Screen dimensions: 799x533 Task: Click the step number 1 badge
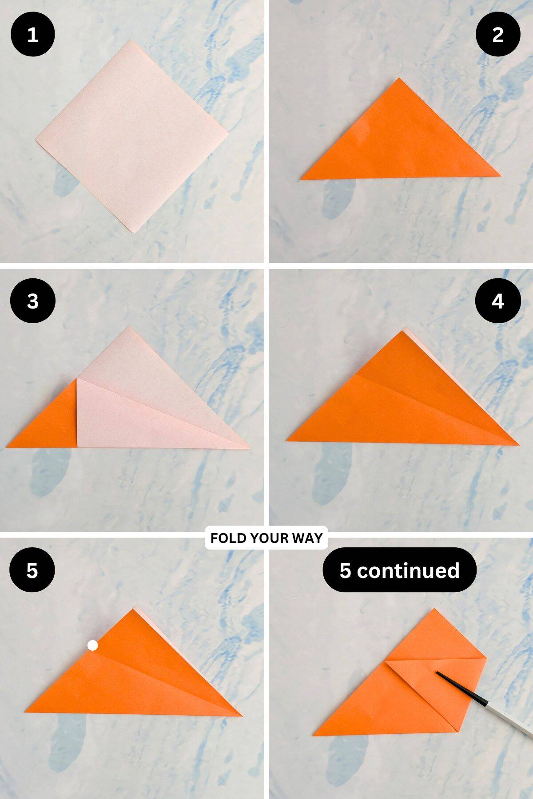click(32, 35)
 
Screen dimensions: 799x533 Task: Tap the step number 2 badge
click(498, 35)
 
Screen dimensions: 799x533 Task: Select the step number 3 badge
click(32, 301)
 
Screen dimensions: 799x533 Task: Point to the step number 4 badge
click(498, 301)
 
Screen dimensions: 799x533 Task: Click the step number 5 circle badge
click(32, 570)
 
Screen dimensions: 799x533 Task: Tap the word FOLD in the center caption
click(228, 538)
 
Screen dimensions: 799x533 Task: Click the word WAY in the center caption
click(307, 538)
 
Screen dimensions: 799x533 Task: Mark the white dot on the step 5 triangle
click(92, 645)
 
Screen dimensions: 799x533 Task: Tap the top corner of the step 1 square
click(130, 41)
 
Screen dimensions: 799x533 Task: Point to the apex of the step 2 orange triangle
click(398, 79)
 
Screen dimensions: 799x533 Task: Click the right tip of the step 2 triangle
click(499, 176)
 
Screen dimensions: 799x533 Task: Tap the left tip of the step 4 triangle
click(288, 440)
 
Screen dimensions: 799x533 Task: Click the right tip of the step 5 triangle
click(241, 715)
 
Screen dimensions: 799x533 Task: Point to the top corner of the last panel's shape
click(433, 610)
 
